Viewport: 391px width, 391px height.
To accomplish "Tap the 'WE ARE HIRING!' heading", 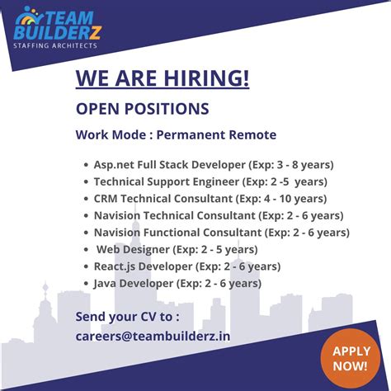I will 163,79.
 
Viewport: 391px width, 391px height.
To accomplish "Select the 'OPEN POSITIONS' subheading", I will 142,108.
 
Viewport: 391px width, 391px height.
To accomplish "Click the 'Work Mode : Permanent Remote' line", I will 176,134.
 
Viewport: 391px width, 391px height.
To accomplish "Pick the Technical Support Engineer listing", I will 210,181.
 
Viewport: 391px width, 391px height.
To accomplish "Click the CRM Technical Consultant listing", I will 210,199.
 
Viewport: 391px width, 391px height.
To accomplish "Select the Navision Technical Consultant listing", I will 219,215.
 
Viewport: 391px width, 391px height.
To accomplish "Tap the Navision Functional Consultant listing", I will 221,233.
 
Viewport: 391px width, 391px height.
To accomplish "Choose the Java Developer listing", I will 177,283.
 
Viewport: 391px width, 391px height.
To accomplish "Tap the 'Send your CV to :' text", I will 127,317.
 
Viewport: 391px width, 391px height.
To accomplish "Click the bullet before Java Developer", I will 86,284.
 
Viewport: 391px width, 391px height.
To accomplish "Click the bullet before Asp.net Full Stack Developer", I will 86,165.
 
